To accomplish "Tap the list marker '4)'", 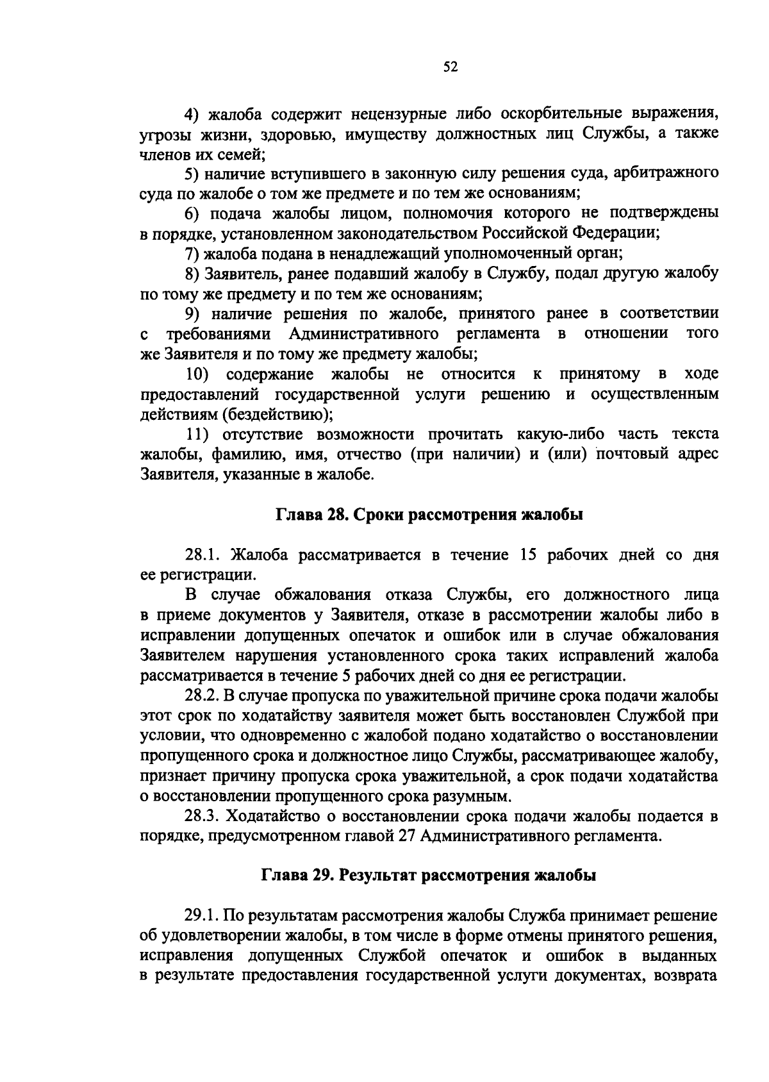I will click(193, 114).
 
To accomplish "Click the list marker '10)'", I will click(197, 374).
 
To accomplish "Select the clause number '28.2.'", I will click(204, 696).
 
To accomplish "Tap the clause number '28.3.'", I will click(204, 817).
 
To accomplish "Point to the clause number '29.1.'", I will click(204, 915).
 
